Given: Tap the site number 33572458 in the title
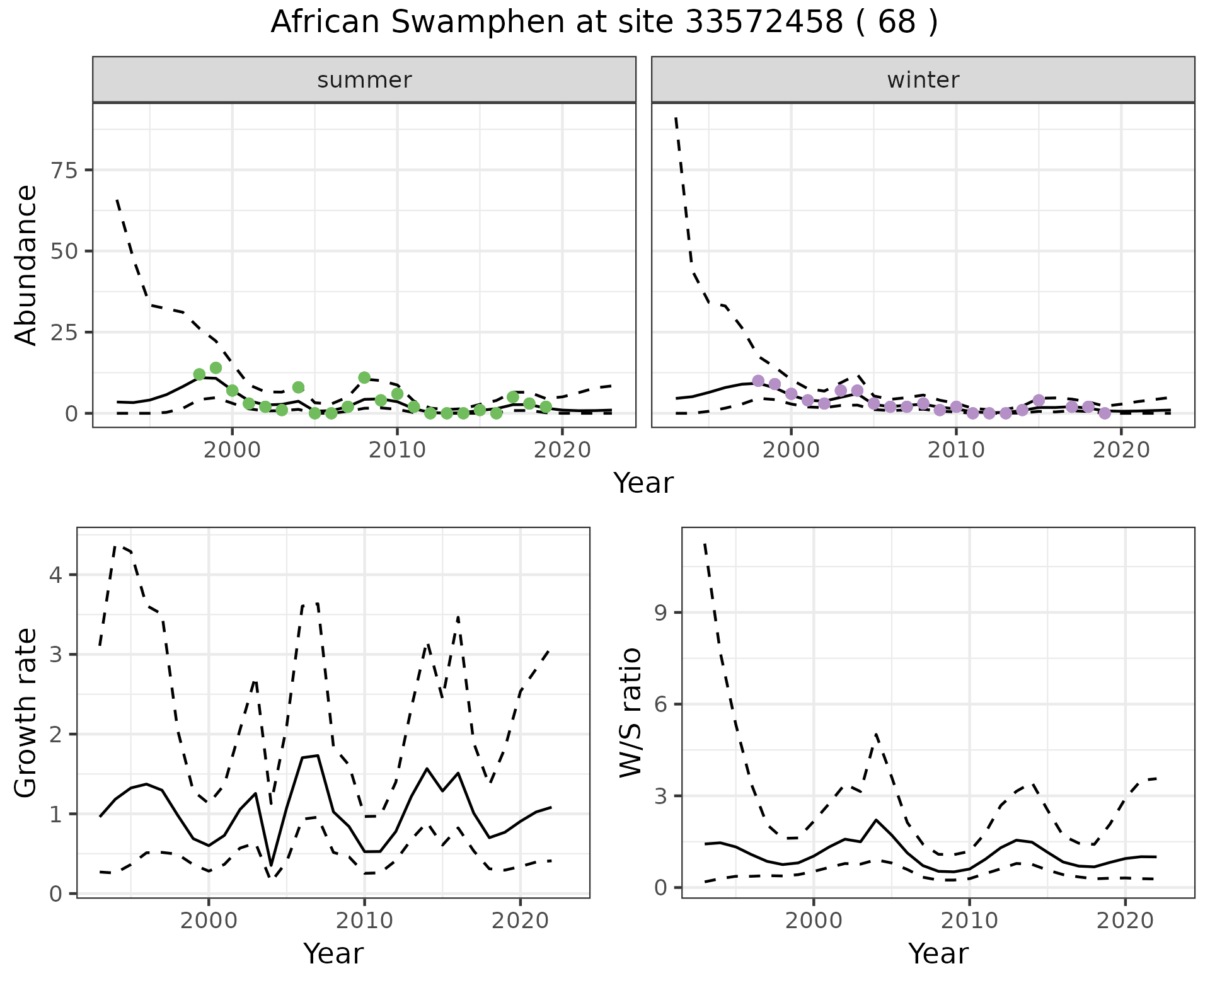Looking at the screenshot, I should coord(763,23).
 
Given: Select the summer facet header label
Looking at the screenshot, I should coord(364,80).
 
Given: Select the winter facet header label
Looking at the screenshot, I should coord(923,80).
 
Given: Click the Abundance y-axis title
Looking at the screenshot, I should coord(26,265).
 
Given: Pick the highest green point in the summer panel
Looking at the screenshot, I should coord(216,367).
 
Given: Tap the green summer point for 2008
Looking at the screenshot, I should coord(364,377).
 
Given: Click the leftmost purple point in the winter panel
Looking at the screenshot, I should coord(758,381).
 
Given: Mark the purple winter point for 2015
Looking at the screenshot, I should coord(1039,400).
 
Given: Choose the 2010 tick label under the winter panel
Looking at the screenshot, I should coord(956,451).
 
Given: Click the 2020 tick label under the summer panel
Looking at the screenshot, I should coord(562,451).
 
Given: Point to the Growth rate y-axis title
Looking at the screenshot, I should coord(26,713).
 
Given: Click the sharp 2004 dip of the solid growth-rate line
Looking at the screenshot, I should coord(271,865).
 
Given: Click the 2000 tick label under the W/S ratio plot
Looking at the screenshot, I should coord(814,921).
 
